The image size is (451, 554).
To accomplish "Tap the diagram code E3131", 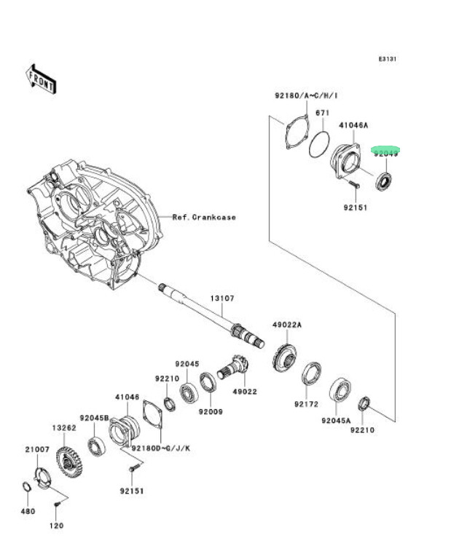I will [386, 60].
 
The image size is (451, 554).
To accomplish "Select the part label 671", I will [323, 113].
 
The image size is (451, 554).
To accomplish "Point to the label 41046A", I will [353, 125].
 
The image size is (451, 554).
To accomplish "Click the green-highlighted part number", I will [386, 153].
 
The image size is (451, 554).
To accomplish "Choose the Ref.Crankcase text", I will [204, 217].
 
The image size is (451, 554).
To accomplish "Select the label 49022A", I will [286, 324].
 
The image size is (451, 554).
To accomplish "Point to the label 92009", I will [211, 411].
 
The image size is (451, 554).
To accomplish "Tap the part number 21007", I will [36, 450].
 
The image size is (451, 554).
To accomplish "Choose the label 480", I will [27, 511].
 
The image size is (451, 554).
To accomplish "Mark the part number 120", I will [57, 525].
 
